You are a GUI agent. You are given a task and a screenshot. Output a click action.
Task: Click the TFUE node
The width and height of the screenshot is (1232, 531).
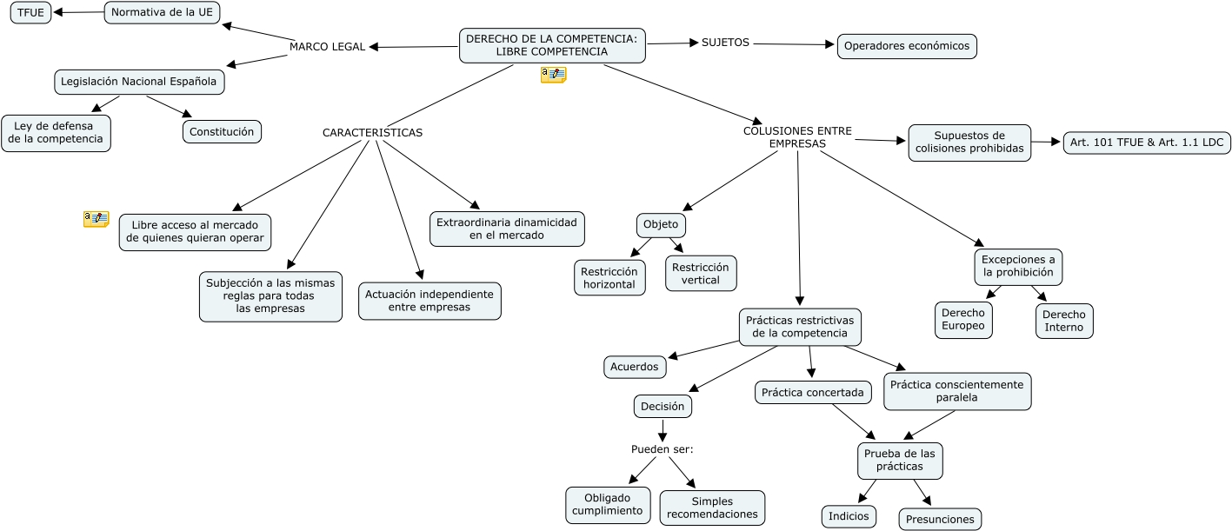tap(31, 13)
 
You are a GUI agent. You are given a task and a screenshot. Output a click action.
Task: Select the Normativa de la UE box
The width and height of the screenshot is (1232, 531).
tap(163, 12)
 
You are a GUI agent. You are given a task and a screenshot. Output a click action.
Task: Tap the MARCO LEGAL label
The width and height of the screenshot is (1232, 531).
tap(327, 46)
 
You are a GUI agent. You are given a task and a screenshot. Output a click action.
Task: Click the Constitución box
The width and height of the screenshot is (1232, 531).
tap(222, 131)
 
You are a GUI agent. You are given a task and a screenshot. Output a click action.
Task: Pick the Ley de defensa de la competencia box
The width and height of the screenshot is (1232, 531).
tap(57, 133)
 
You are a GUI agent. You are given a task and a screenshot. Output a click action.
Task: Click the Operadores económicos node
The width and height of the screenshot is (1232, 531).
tap(907, 46)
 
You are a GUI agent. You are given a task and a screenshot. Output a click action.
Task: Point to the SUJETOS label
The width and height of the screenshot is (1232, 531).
tap(725, 43)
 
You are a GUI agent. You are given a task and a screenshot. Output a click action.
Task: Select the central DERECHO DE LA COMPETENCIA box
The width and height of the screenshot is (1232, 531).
tap(552, 45)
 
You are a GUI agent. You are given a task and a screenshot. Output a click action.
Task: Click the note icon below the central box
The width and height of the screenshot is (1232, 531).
tap(553, 75)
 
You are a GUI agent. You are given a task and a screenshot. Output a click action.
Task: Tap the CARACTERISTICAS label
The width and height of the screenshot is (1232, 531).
tap(372, 133)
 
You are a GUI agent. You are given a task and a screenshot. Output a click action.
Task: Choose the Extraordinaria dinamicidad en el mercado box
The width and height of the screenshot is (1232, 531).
tap(507, 229)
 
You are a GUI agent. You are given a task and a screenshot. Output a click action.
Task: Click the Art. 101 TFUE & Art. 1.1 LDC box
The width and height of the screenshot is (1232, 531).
tap(1147, 143)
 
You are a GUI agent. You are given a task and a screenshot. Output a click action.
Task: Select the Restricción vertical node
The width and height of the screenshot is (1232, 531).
tap(701, 273)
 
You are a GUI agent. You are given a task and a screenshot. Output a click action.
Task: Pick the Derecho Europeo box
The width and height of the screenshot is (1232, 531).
tap(963, 320)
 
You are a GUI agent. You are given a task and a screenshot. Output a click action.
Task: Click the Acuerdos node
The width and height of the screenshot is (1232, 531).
tap(635, 367)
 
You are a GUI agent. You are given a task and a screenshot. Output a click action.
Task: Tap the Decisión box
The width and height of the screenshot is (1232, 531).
tap(663, 406)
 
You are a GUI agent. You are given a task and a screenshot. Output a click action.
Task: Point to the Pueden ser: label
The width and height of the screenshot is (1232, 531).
tap(662, 449)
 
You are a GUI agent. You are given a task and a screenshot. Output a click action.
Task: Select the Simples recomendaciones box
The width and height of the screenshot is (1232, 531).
tap(712, 508)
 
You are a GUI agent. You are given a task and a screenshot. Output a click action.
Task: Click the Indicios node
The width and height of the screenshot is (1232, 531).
tap(849, 516)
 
